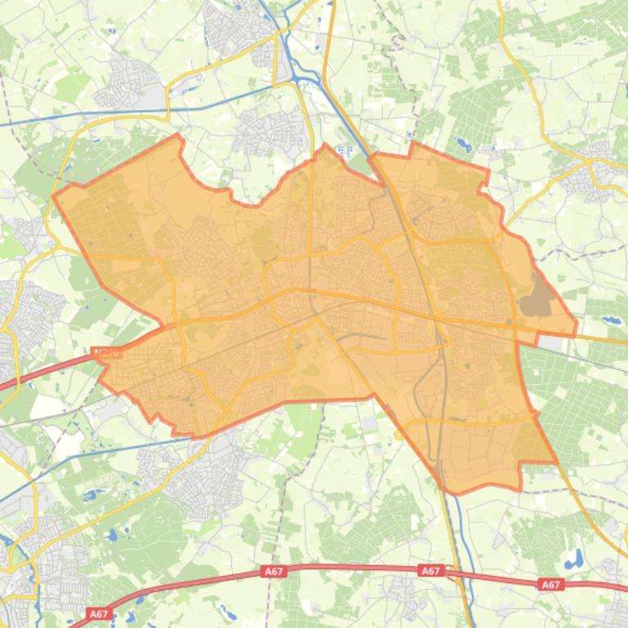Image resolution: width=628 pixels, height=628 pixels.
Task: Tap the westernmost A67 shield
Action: tap(99, 613)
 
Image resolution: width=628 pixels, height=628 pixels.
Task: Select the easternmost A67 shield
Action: tap(551, 584)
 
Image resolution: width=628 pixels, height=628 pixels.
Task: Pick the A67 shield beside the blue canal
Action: tap(430, 571)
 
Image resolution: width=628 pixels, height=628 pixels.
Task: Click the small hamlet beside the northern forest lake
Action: tap(490, 150)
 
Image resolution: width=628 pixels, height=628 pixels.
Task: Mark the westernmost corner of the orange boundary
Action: tap(53, 196)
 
